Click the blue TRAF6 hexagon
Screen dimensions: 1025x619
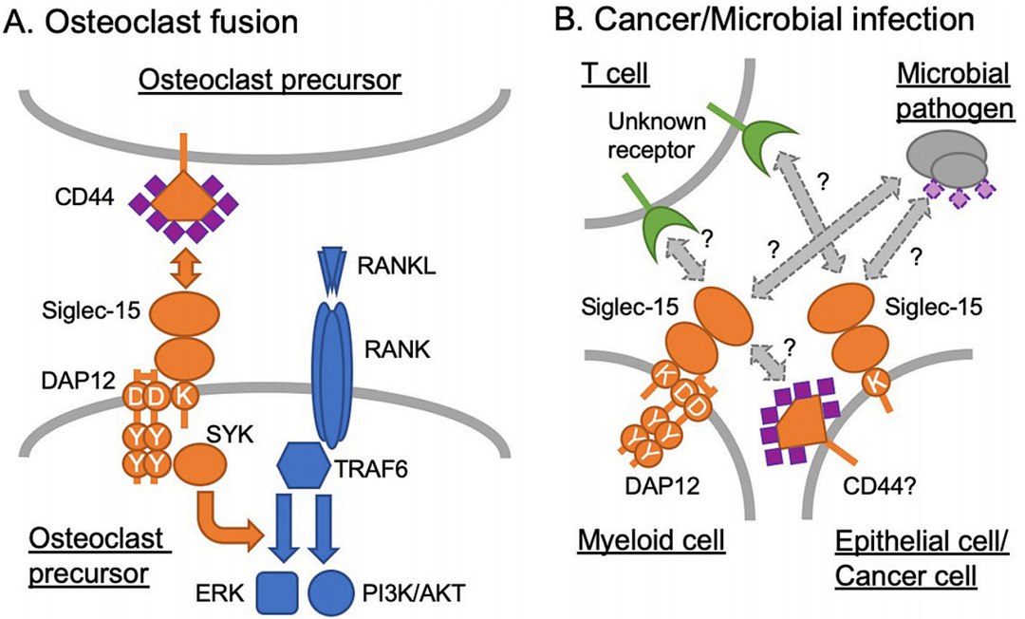304,465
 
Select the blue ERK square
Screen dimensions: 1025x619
277,592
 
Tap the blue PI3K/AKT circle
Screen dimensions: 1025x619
331,592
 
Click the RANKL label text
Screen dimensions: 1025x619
396,266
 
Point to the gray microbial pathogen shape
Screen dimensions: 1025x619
947,158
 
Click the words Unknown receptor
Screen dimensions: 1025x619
657,136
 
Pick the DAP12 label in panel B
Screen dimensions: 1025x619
662,486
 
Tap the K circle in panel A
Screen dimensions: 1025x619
184,397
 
